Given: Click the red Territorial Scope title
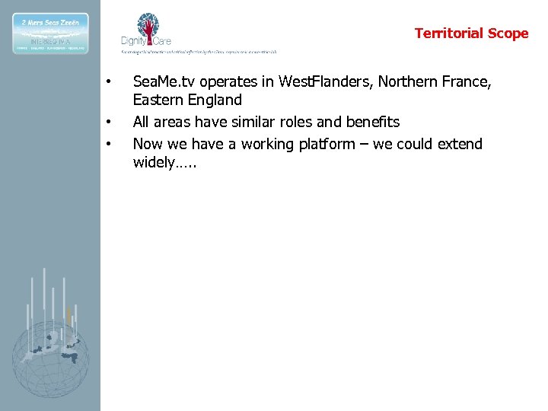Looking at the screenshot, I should tap(471, 33).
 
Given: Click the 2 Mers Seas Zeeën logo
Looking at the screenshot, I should tap(50, 33).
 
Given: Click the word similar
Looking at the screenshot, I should tap(252, 122).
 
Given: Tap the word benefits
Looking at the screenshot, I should tap(371, 122).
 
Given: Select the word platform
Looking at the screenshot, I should tap(327, 144).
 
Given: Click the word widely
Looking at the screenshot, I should tap(155, 163).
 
